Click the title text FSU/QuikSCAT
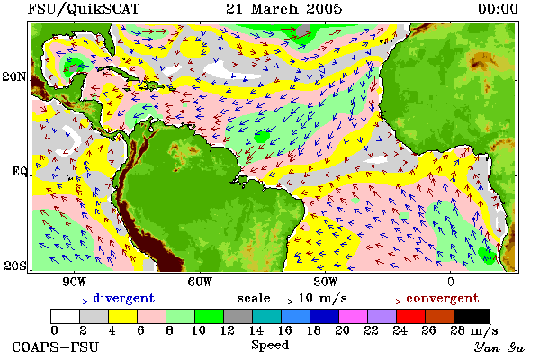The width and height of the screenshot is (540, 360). coord(84,9)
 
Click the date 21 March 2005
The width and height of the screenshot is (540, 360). coord(284,9)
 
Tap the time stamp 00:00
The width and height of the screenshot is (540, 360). coord(498,9)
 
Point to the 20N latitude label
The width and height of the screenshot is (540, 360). coord(14,76)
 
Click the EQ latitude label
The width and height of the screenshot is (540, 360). coord(19,171)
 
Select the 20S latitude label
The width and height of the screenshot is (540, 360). coord(15,265)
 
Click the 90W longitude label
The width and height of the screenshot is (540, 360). coord(74,282)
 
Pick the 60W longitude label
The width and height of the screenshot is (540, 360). coord(200,282)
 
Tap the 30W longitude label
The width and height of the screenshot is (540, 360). coord(325,282)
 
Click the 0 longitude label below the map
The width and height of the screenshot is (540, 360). coord(451,282)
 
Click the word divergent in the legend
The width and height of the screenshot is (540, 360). coord(123,299)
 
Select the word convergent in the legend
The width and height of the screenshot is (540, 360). coord(443,298)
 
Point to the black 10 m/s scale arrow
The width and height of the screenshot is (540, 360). coord(284,301)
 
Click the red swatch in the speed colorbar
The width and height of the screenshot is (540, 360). coord(410,316)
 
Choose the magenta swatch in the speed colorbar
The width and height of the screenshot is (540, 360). coord(353,316)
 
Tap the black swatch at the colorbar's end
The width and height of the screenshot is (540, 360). coord(472,316)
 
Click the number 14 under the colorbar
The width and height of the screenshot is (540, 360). coord(256,330)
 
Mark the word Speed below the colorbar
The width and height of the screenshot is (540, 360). coord(270,346)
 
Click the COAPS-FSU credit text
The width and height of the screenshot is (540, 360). coord(56,346)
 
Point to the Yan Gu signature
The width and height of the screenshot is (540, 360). coord(499,347)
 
